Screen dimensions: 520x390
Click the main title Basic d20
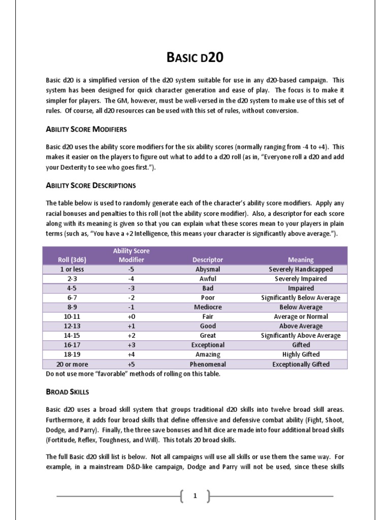point(195,57)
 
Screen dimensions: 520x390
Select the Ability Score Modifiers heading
point(86,129)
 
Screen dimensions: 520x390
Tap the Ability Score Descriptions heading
point(91,185)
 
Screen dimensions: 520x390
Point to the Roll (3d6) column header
point(72,259)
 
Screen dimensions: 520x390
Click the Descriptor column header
point(208,259)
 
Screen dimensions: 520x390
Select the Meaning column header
point(301,259)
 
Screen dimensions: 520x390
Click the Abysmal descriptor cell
point(208,269)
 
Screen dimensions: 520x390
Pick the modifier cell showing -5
point(131,269)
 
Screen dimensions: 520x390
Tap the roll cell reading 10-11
point(72,316)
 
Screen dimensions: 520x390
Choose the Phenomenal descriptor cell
point(208,364)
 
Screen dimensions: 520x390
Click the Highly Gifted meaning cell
point(301,354)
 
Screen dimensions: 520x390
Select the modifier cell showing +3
point(131,345)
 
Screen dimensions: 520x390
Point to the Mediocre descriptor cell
point(208,307)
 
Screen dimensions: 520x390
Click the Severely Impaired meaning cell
point(301,279)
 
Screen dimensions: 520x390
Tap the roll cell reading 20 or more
point(72,364)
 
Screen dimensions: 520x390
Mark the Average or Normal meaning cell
point(301,316)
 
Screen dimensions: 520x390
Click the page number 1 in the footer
point(194,496)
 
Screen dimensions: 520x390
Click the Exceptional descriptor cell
point(208,345)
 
